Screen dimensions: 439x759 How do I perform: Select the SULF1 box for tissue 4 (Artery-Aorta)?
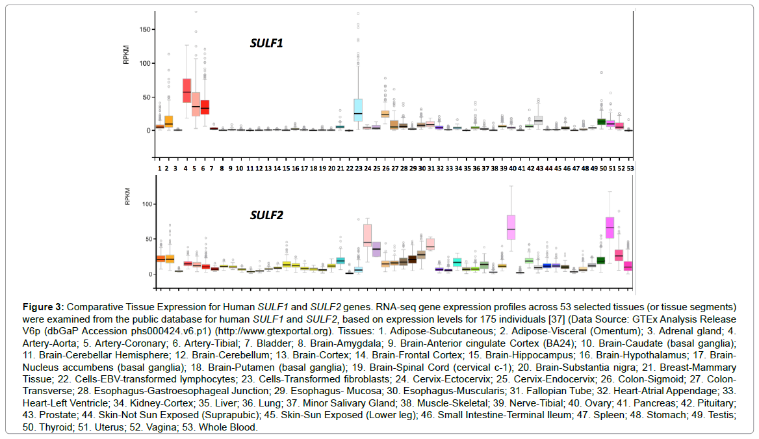pos(187,90)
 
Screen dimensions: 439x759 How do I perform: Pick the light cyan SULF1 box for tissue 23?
pos(358,110)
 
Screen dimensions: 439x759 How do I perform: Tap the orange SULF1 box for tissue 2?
pos(168,121)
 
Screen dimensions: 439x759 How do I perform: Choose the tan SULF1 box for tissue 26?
pos(385,114)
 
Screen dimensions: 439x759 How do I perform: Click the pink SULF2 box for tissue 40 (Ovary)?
pos(511,227)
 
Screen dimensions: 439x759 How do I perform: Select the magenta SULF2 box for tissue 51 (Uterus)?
pos(610,228)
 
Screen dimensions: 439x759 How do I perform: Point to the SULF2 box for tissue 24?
pos(367,235)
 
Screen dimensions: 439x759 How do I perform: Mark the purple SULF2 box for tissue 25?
pos(376,249)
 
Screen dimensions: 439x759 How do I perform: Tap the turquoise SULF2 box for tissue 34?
pos(457,261)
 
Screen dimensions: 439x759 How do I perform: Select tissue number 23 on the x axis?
pos(358,168)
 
